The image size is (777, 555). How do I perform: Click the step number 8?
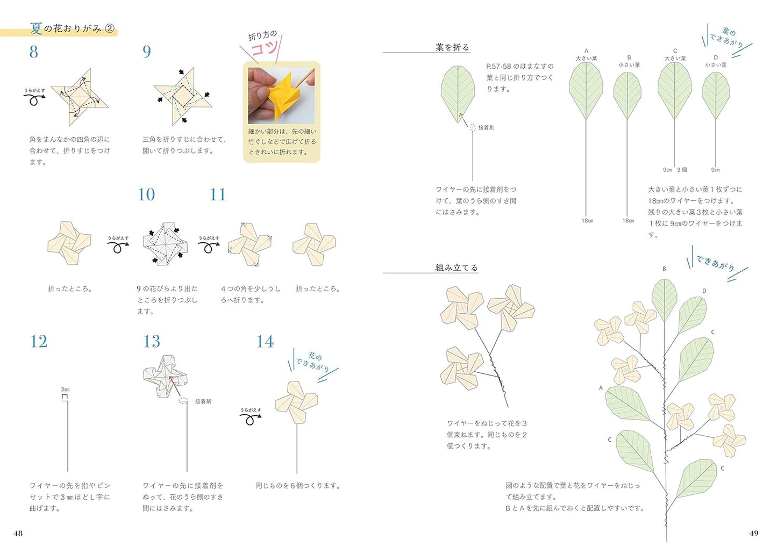pos(34,52)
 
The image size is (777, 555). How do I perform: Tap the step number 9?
pos(146,52)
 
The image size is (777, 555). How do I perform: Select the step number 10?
pos(146,194)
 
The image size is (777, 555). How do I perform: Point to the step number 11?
pos(218,194)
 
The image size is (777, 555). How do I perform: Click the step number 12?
pos(39,341)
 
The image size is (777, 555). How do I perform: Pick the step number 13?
pos(152,341)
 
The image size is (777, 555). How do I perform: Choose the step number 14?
pos(265,341)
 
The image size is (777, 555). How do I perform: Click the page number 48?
pos(18,533)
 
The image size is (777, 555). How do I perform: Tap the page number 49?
pos(754,533)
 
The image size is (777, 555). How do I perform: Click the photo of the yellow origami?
pos(281,96)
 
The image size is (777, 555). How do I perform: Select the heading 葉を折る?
pos(452,47)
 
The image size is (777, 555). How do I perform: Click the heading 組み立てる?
pos(457,268)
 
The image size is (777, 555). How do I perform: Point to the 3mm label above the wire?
pos(65,390)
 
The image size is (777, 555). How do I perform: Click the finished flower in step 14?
pos(296,401)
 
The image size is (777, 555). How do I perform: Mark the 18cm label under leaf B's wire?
pos(628,221)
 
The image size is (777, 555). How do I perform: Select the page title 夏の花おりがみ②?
pos(73,28)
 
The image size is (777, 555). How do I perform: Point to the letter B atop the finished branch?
pos(664,269)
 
